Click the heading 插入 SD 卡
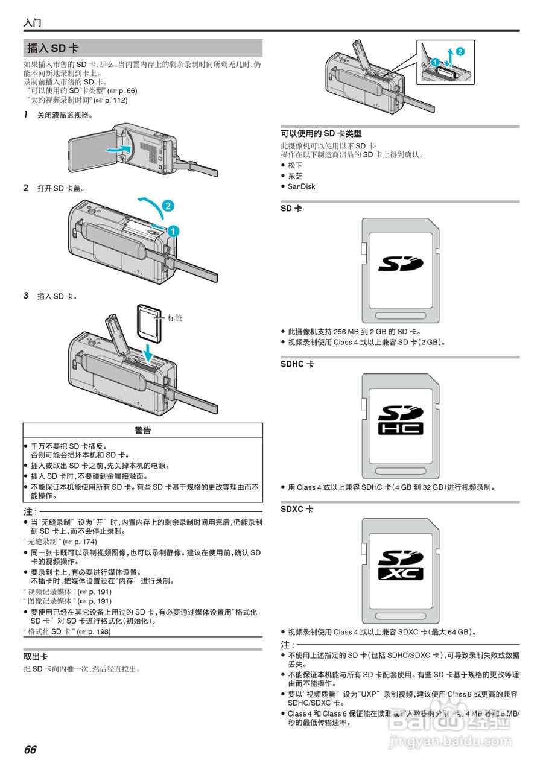coord(52,48)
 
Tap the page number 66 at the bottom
coord(30,750)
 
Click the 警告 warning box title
coord(143,431)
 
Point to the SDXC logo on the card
coord(400,565)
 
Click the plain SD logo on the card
coord(400,264)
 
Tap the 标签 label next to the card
coord(175,318)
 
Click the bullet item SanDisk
coord(301,187)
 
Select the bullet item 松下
coord(295,165)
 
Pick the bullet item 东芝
coord(295,176)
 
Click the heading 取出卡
coord(36,657)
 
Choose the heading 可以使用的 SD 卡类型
coord(321,134)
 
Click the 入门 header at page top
coord(33,23)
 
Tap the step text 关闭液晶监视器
coord(65,115)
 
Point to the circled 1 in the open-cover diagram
coord(173,230)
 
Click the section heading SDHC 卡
coord(297,364)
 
